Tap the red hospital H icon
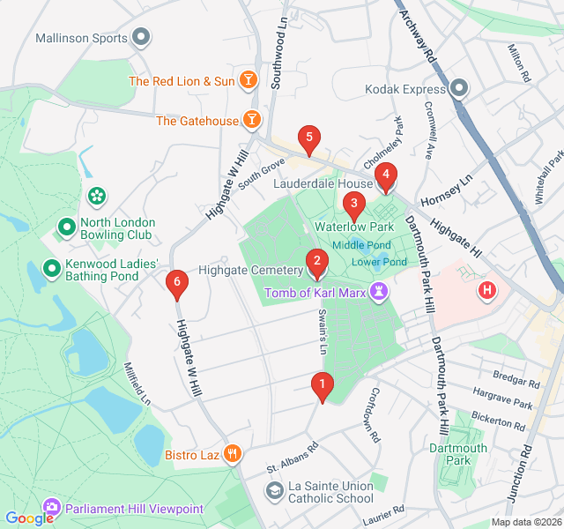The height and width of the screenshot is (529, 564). [x=486, y=289]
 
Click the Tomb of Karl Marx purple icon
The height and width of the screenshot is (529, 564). [x=380, y=290]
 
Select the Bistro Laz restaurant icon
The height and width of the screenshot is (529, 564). [x=232, y=454]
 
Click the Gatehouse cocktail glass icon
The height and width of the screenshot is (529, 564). [x=252, y=119]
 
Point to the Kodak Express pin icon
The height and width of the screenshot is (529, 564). [x=459, y=88]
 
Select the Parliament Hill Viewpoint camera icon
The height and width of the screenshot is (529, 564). [x=52, y=508]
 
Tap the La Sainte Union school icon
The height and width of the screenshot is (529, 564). [x=275, y=489]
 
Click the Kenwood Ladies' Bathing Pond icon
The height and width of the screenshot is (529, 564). [x=52, y=267]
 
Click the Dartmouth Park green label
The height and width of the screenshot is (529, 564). [x=457, y=454]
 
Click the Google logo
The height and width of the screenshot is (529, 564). [x=29, y=518]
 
